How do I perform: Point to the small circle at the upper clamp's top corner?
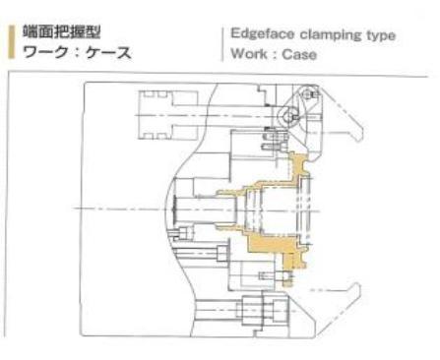(x=314, y=94)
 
